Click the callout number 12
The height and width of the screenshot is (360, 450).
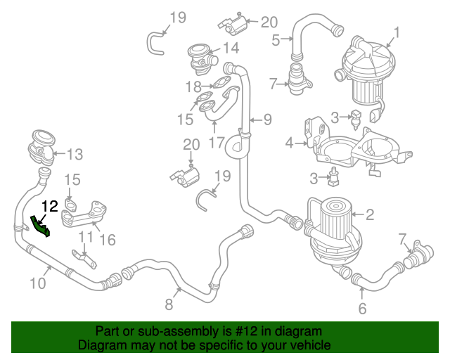coord(50,207)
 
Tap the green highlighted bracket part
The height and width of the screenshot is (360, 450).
coord(40,226)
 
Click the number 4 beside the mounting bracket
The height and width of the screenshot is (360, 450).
coord(289,143)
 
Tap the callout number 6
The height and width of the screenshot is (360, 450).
coord(362,308)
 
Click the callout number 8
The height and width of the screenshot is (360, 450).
coord(169,304)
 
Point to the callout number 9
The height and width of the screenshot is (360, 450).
coord(266,119)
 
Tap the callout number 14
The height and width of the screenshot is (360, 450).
coord(231,48)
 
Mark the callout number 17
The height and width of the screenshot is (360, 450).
coord(216,142)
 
